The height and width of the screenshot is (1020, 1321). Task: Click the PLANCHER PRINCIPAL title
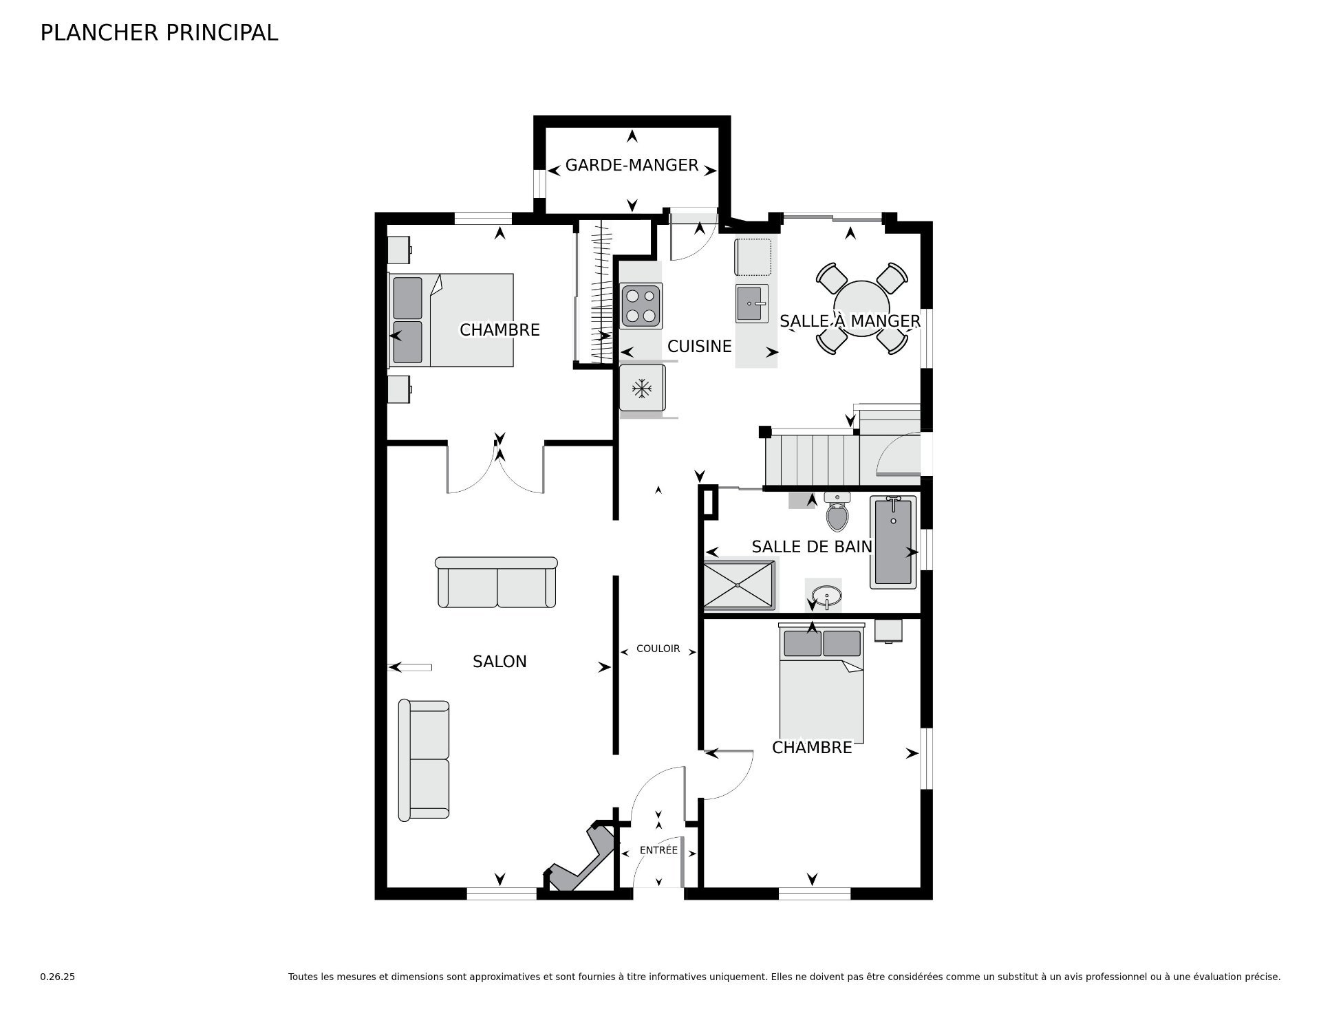click(x=159, y=33)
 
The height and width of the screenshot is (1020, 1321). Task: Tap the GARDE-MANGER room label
click(x=632, y=165)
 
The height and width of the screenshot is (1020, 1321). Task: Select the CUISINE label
click(x=699, y=346)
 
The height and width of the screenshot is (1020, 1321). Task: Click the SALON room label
click(x=500, y=662)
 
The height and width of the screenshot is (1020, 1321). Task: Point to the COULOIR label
click(x=658, y=649)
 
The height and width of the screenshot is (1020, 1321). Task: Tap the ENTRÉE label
click(x=658, y=850)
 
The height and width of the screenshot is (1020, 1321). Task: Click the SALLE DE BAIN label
click(x=812, y=547)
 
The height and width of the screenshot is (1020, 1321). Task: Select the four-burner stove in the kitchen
click(x=641, y=305)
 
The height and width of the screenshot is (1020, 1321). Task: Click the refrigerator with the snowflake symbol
click(x=643, y=389)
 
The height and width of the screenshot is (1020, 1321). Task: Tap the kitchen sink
click(x=752, y=303)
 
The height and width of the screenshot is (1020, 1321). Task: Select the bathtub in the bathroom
click(x=893, y=542)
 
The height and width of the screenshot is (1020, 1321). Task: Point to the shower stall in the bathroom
click(x=738, y=585)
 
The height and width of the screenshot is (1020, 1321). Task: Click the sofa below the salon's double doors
click(x=496, y=582)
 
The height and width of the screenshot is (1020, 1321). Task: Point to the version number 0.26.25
click(x=58, y=977)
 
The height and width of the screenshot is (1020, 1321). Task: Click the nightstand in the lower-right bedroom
click(x=888, y=631)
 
